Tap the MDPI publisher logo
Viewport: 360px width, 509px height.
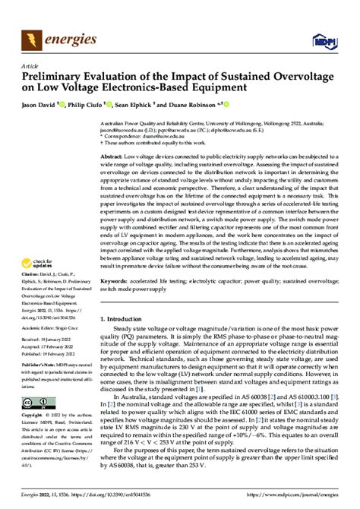(327, 39)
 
